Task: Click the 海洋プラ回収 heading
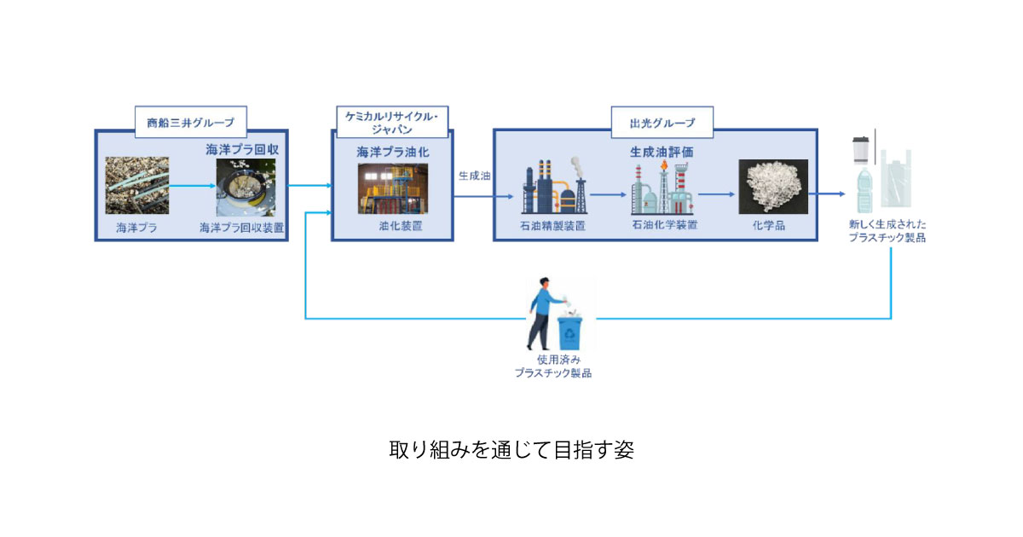tap(242, 149)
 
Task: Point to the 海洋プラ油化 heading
tap(392, 152)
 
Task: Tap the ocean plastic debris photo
tap(136, 185)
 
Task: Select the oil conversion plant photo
tap(392, 188)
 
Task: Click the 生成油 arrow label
tap(474, 176)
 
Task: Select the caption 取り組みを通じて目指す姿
tap(511, 449)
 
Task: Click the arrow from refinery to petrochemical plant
tap(608, 194)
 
